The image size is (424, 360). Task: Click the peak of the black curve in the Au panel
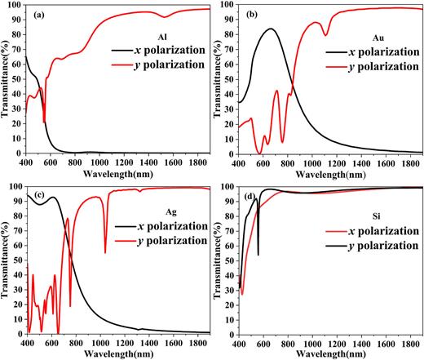tap(271, 29)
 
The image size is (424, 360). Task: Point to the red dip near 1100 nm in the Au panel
tap(325, 35)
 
